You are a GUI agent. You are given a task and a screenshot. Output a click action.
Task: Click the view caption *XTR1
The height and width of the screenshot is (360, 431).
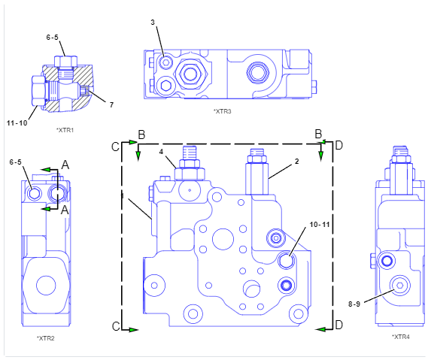[65, 130]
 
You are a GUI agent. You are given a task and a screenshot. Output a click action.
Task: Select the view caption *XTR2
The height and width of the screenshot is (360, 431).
[46, 338]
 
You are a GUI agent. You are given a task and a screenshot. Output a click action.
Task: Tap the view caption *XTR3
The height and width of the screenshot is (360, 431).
[223, 111]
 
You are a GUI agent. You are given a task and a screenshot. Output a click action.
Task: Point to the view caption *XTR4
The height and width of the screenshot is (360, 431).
[400, 337]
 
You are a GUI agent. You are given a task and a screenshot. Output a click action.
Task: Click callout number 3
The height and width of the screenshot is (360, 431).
[153, 23]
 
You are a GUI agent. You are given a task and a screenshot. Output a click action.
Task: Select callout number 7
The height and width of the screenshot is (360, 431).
[111, 105]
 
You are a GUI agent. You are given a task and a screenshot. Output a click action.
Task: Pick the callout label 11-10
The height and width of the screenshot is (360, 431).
[17, 123]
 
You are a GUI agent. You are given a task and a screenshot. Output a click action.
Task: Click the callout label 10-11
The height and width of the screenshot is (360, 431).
[320, 225]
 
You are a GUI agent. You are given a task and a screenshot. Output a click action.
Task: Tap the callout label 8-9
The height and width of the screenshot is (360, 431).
[354, 304]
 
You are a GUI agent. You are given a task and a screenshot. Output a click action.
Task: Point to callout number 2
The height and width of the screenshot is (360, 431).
[296, 162]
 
